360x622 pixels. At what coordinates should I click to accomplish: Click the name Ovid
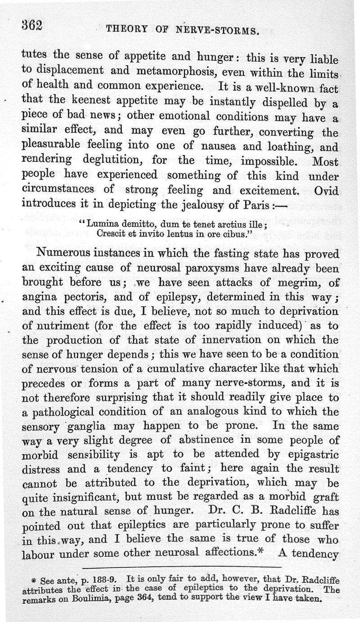coord(327,190)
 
